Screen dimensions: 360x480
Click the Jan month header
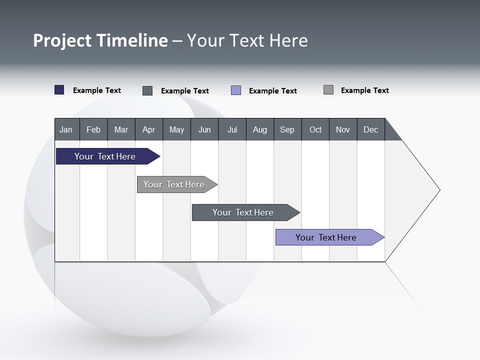click(66, 129)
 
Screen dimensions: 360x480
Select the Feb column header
click(93, 129)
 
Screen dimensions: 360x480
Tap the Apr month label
click(148, 129)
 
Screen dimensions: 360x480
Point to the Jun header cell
click(204, 129)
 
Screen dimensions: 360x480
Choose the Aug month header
click(259, 129)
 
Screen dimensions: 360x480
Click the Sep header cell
click(287, 129)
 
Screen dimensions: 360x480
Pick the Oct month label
click(315, 129)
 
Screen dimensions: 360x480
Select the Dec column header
click(370, 129)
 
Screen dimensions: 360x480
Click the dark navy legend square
click(59, 90)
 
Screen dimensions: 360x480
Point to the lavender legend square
click(236, 90)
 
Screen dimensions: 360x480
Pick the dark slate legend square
click(147, 90)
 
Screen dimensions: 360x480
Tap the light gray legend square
click(328, 90)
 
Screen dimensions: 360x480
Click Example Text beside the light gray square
click(364, 90)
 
